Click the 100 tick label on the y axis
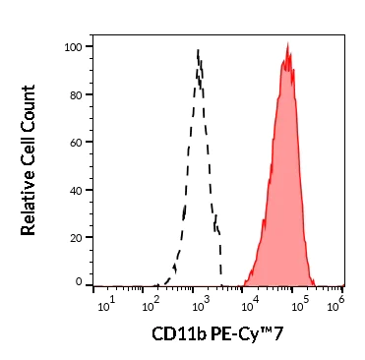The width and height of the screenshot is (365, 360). point(72,46)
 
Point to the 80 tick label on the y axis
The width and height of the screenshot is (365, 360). point(75,93)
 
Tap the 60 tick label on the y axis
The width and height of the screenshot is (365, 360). point(75,141)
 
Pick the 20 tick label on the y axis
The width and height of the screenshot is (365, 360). point(75,236)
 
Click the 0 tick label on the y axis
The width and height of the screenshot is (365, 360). point(79,282)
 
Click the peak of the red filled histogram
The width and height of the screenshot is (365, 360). point(287,44)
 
